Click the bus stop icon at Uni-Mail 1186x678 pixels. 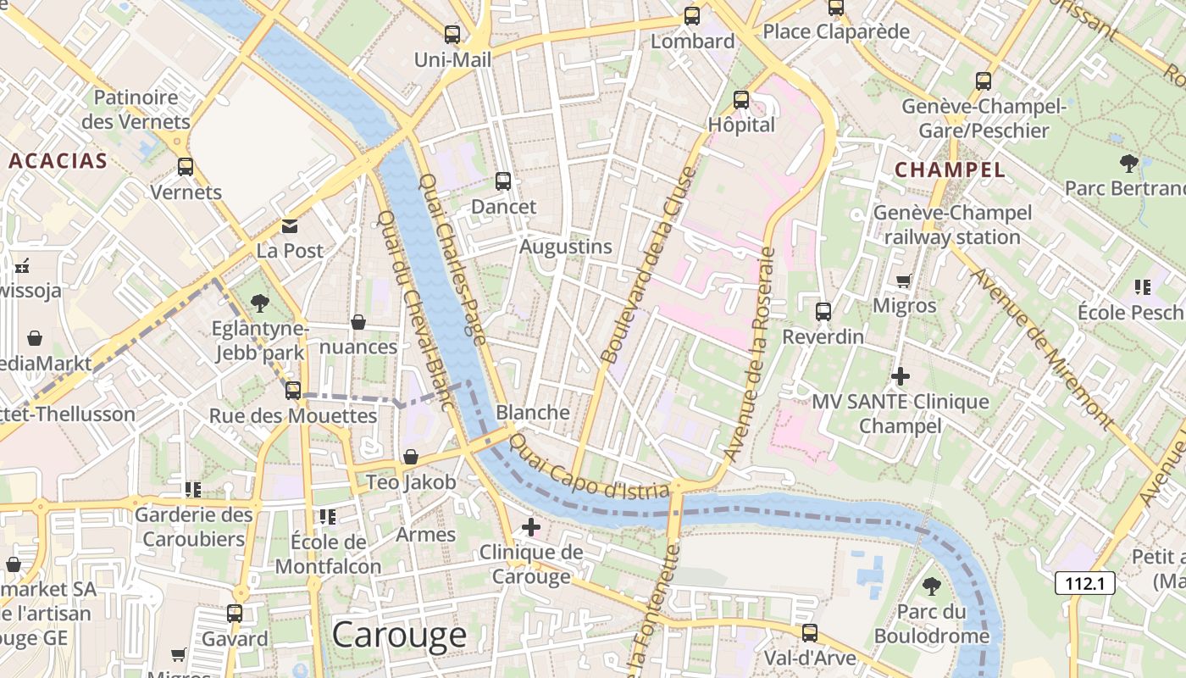pos(452,35)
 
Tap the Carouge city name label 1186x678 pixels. pos(399,635)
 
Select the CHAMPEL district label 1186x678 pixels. pos(950,169)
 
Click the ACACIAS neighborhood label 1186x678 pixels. pos(58,161)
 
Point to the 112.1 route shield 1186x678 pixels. pos(1084,583)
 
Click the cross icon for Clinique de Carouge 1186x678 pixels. pos(531,527)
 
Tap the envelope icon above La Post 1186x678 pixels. pos(290,226)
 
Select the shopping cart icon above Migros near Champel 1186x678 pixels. pos(904,281)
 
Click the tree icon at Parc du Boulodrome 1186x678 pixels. pos(932,586)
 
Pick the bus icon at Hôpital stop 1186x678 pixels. pos(741,100)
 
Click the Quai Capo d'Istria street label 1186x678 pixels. pos(590,468)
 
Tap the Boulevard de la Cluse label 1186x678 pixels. pos(647,266)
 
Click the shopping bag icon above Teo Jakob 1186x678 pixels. pos(411,457)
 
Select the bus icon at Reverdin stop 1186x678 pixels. pos(823,311)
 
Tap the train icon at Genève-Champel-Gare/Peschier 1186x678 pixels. pos(983,81)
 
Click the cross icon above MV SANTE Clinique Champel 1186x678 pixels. pos(901,375)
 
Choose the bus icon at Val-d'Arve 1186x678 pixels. pos(810,632)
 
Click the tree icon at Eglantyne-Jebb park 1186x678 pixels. pos(260,303)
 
